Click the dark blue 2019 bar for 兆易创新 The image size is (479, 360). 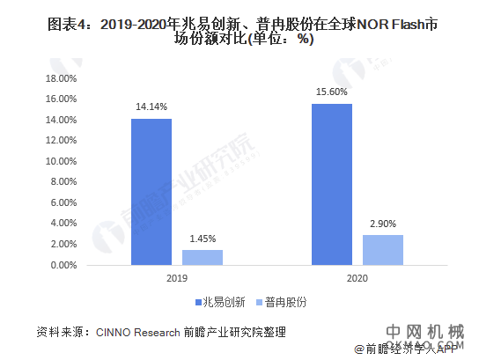(151, 191)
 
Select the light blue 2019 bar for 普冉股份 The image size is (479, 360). (203, 257)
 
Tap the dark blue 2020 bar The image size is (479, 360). (332, 184)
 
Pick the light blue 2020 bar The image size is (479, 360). (383, 249)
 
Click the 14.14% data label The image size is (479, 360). (151, 107)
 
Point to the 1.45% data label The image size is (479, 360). (203, 239)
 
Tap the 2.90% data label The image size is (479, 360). (383, 224)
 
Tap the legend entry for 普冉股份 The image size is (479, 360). (281, 301)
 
